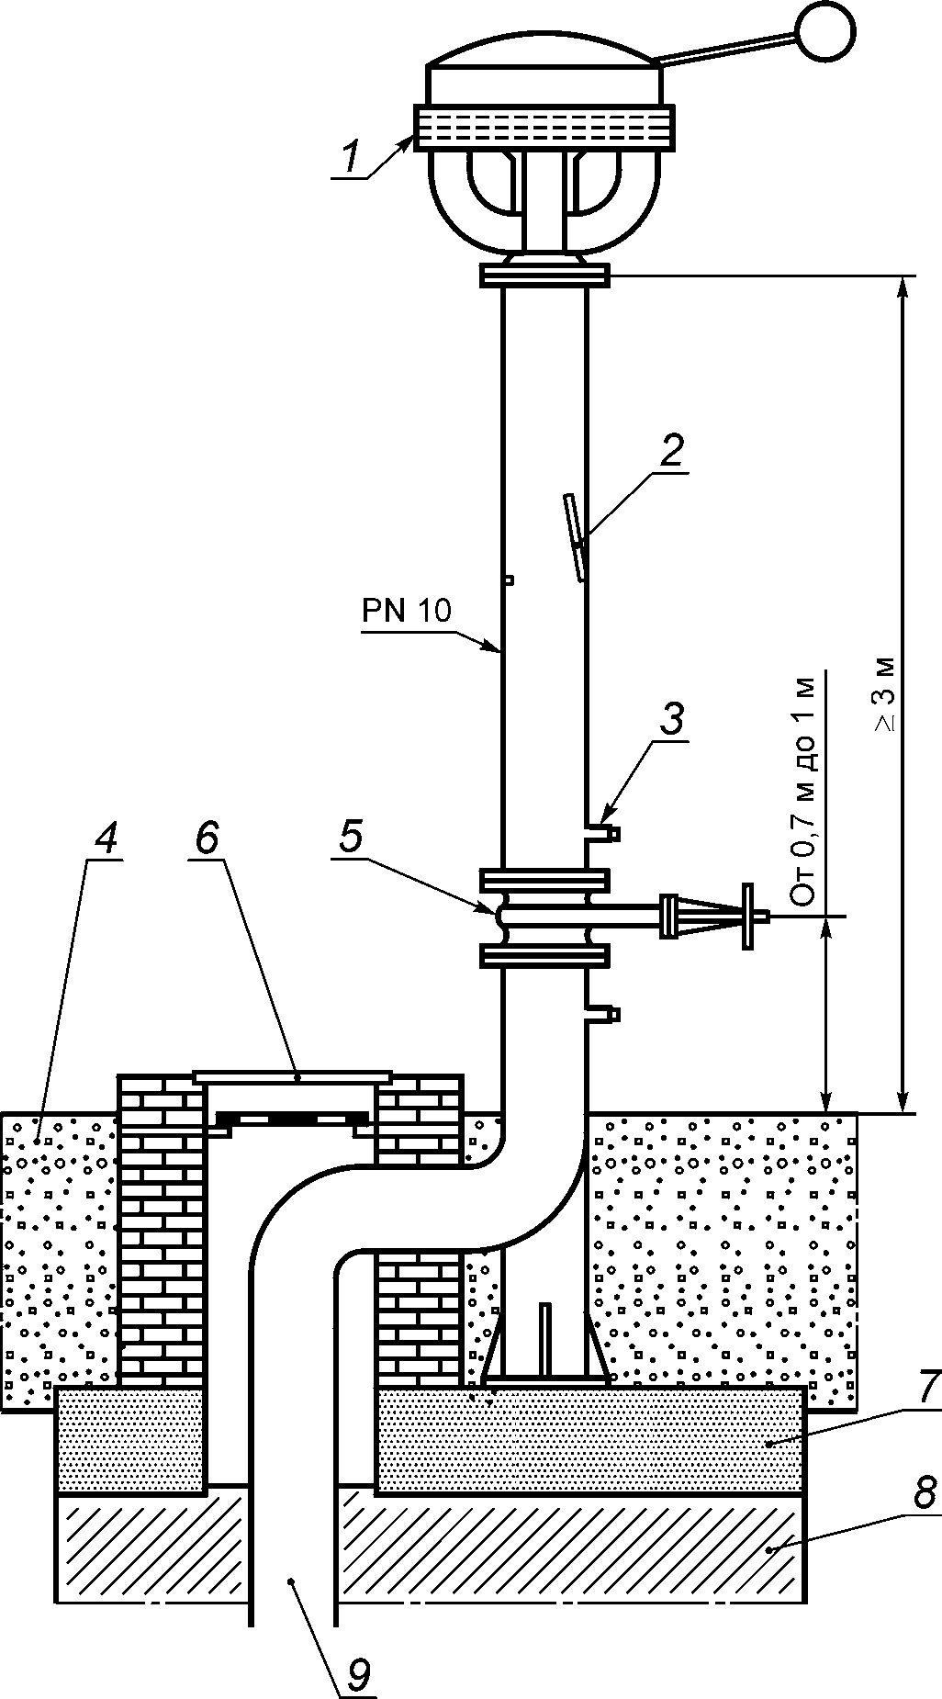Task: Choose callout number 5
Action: (x=351, y=837)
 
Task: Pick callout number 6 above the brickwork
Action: (x=207, y=838)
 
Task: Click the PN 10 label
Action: (x=407, y=611)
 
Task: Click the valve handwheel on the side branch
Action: (x=749, y=916)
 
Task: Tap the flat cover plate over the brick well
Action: (x=293, y=1075)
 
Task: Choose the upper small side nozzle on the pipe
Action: (x=602, y=834)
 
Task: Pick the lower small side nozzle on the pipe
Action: (x=602, y=1014)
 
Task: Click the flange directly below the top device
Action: (x=544, y=276)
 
